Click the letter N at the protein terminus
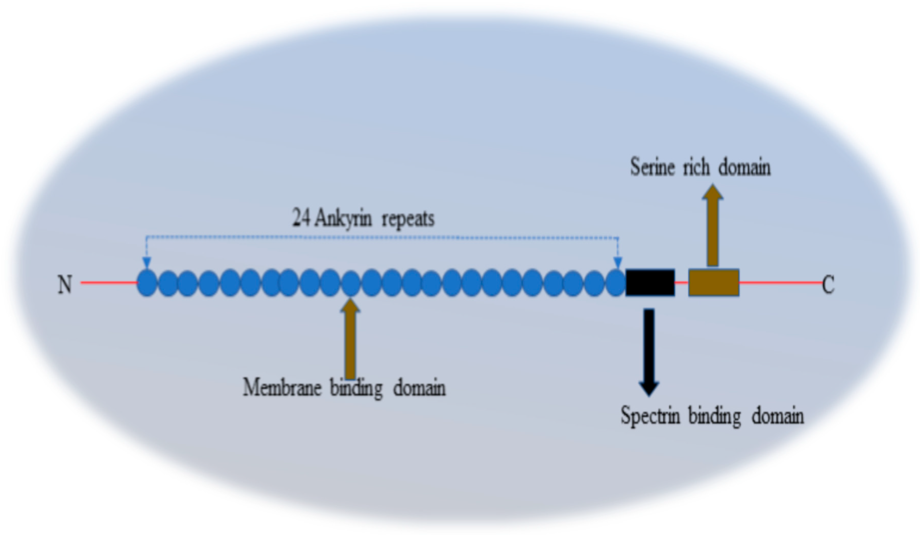pyautogui.click(x=65, y=285)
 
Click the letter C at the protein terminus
pyautogui.click(x=828, y=285)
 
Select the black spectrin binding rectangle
pyautogui.click(x=650, y=283)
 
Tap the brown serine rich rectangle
pyautogui.click(x=714, y=283)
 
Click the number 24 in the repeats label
pyautogui.click(x=301, y=218)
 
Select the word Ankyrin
pyautogui.click(x=343, y=219)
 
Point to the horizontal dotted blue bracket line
pyautogui.click(x=382, y=237)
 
